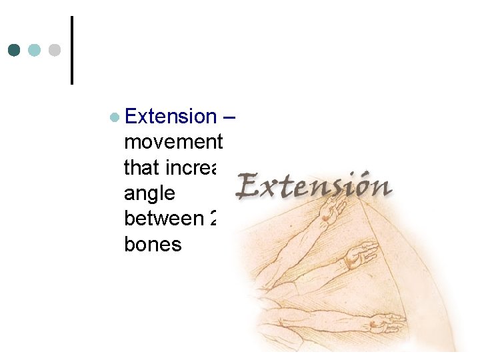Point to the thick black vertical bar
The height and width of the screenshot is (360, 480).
(x=71, y=50)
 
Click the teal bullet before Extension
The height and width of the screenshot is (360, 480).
(x=115, y=117)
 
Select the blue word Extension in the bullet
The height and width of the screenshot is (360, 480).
(x=171, y=117)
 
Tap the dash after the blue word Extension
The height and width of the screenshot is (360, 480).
(x=230, y=117)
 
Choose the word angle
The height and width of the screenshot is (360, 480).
(x=149, y=193)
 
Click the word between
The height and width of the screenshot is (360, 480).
(x=163, y=219)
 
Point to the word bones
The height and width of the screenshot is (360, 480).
(x=153, y=244)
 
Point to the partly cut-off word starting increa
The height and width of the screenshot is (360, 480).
(x=200, y=168)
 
